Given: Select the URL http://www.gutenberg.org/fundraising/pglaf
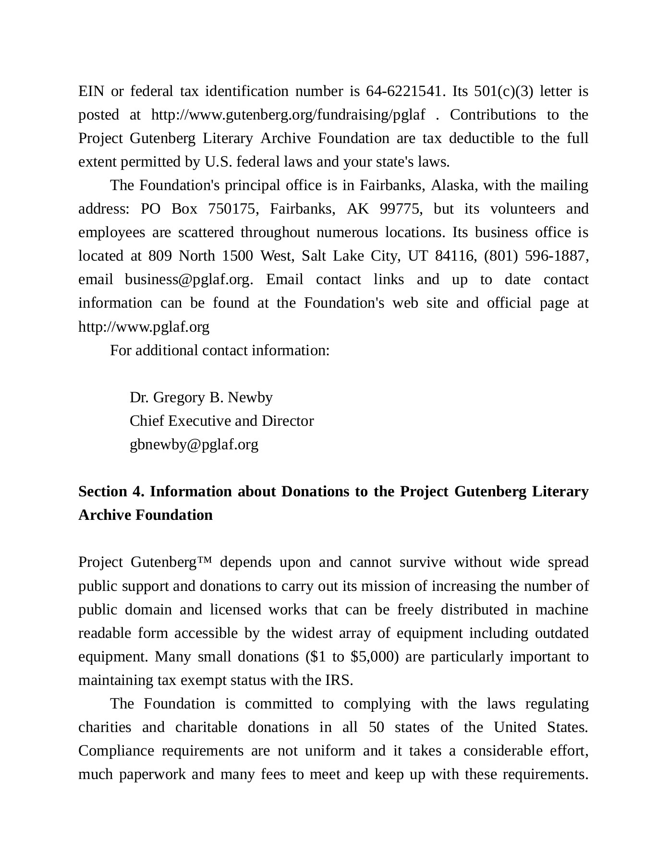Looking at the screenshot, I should [288, 115].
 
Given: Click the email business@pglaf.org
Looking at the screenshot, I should [188, 280].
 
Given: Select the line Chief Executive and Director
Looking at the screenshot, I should [221, 421].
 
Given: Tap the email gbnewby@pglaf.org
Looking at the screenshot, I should [194, 444].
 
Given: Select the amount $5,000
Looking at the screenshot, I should [375, 657].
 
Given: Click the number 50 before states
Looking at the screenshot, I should [377, 727].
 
